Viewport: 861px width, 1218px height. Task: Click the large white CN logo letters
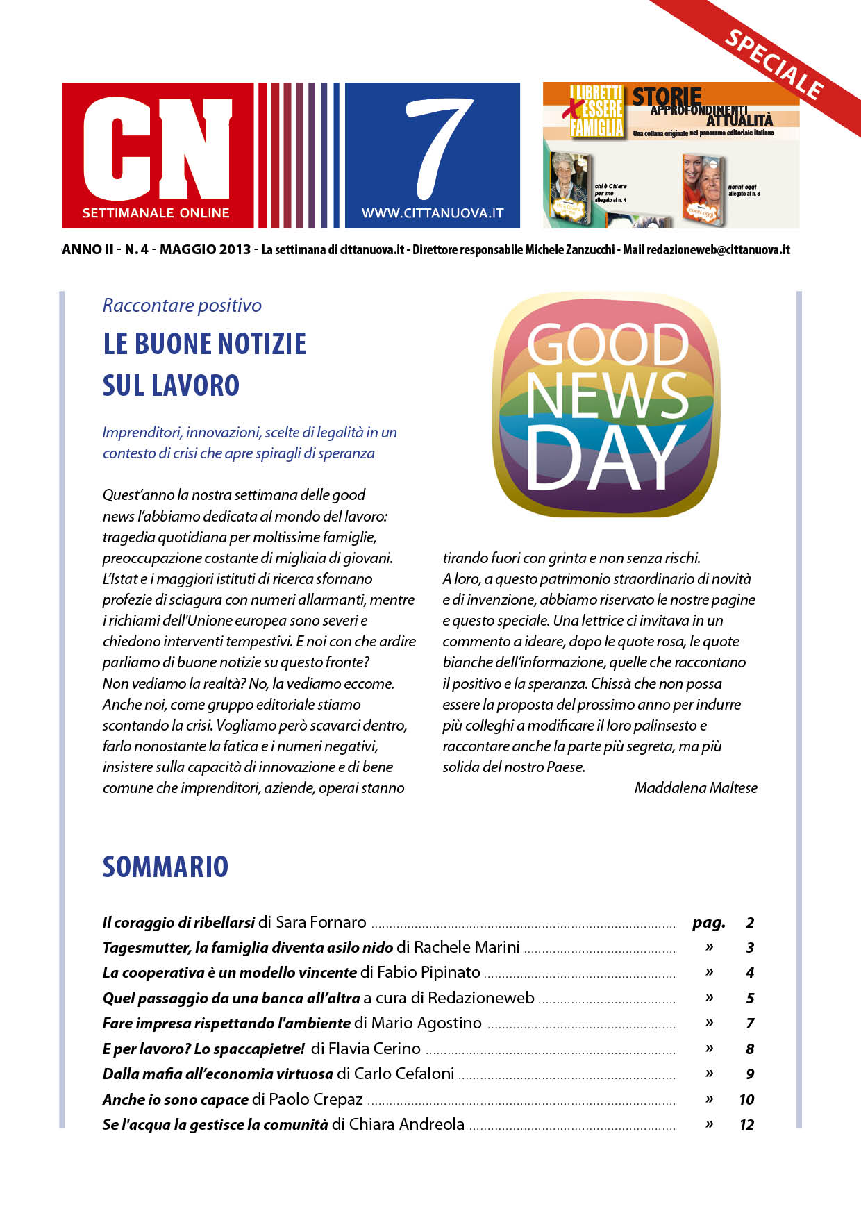pos(157,147)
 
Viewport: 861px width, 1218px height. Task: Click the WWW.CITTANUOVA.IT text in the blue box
pos(433,213)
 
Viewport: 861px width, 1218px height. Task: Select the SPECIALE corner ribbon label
pos(774,65)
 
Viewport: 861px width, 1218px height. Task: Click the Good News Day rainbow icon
pos(606,405)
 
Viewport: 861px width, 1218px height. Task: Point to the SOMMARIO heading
pos(165,867)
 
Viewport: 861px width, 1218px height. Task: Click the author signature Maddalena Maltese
pos(696,787)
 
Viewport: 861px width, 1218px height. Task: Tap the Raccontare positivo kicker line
pos(182,306)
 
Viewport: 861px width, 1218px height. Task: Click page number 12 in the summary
pos(746,1124)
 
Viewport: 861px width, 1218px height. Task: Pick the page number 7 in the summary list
pos(750,1023)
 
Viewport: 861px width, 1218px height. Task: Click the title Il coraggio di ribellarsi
pos(178,922)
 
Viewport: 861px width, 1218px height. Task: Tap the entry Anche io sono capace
pos(176,1099)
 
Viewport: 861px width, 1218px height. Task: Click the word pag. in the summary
pos(708,922)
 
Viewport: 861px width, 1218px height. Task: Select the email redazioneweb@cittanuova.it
pos(718,250)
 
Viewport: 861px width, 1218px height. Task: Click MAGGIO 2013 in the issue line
pos(205,249)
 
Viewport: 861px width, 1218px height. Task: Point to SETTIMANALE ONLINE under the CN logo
pos(156,213)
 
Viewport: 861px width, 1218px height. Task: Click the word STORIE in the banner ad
pos(667,97)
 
